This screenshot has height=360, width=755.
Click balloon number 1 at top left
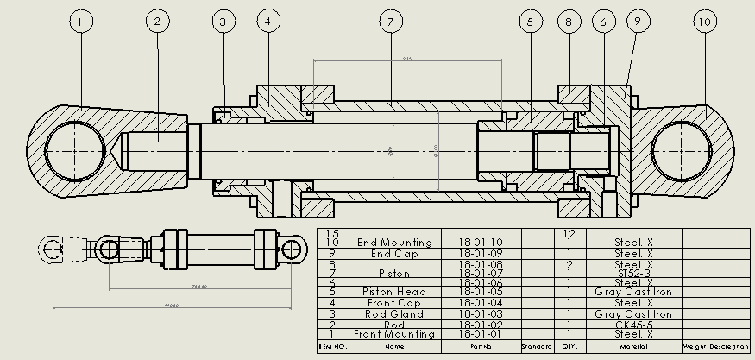tap(81, 22)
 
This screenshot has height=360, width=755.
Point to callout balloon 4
tap(267, 22)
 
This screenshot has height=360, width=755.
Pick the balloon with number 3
tap(223, 22)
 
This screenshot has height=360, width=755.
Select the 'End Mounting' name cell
tap(393, 243)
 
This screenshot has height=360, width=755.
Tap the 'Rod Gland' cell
tap(393, 314)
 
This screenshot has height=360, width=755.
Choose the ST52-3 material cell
tap(633, 273)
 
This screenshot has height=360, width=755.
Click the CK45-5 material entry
tap(633, 325)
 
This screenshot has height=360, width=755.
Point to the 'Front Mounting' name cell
tap(393, 334)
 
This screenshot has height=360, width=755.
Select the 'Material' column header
tap(633, 346)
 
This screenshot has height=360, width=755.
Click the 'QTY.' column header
tap(569, 346)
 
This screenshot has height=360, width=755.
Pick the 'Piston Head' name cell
tap(393, 292)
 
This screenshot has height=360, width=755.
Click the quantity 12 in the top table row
tap(569, 233)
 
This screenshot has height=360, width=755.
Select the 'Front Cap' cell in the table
tap(393, 303)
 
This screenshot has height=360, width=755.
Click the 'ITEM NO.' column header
tap(332, 346)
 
